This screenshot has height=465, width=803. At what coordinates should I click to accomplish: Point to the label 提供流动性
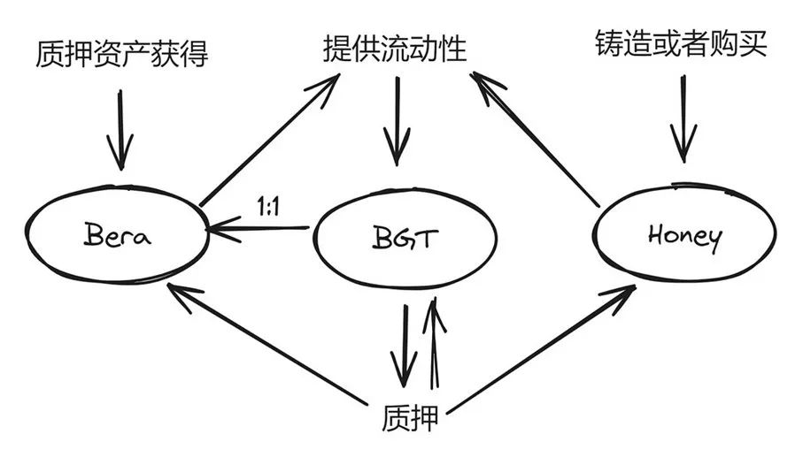coord(395,49)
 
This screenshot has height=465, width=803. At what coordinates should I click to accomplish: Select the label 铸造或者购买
coord(680,45)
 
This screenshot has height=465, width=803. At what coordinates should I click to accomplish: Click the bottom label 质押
coord(412,416)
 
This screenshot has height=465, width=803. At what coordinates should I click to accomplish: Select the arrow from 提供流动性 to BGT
coord(394,124)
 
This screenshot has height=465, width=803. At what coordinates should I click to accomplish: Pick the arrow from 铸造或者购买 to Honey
coord(683,119)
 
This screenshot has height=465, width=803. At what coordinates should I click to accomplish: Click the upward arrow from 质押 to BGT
coord(435,345)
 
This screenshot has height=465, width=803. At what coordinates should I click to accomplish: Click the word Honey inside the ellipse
coord(683,236)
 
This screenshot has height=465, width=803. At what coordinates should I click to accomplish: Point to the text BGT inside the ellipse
coord(402,239)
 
